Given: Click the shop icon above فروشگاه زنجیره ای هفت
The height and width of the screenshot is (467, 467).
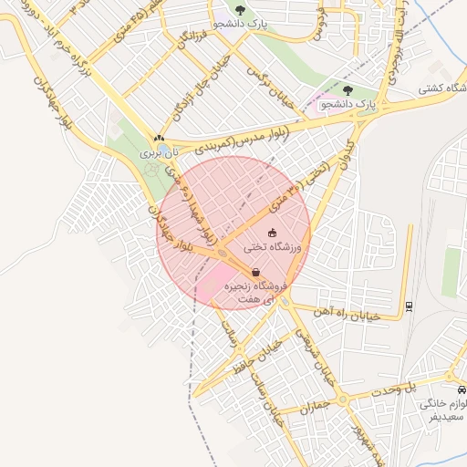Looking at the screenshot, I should (x=256, y=272).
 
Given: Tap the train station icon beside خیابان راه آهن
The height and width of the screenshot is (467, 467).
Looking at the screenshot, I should (x=410, y=306).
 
